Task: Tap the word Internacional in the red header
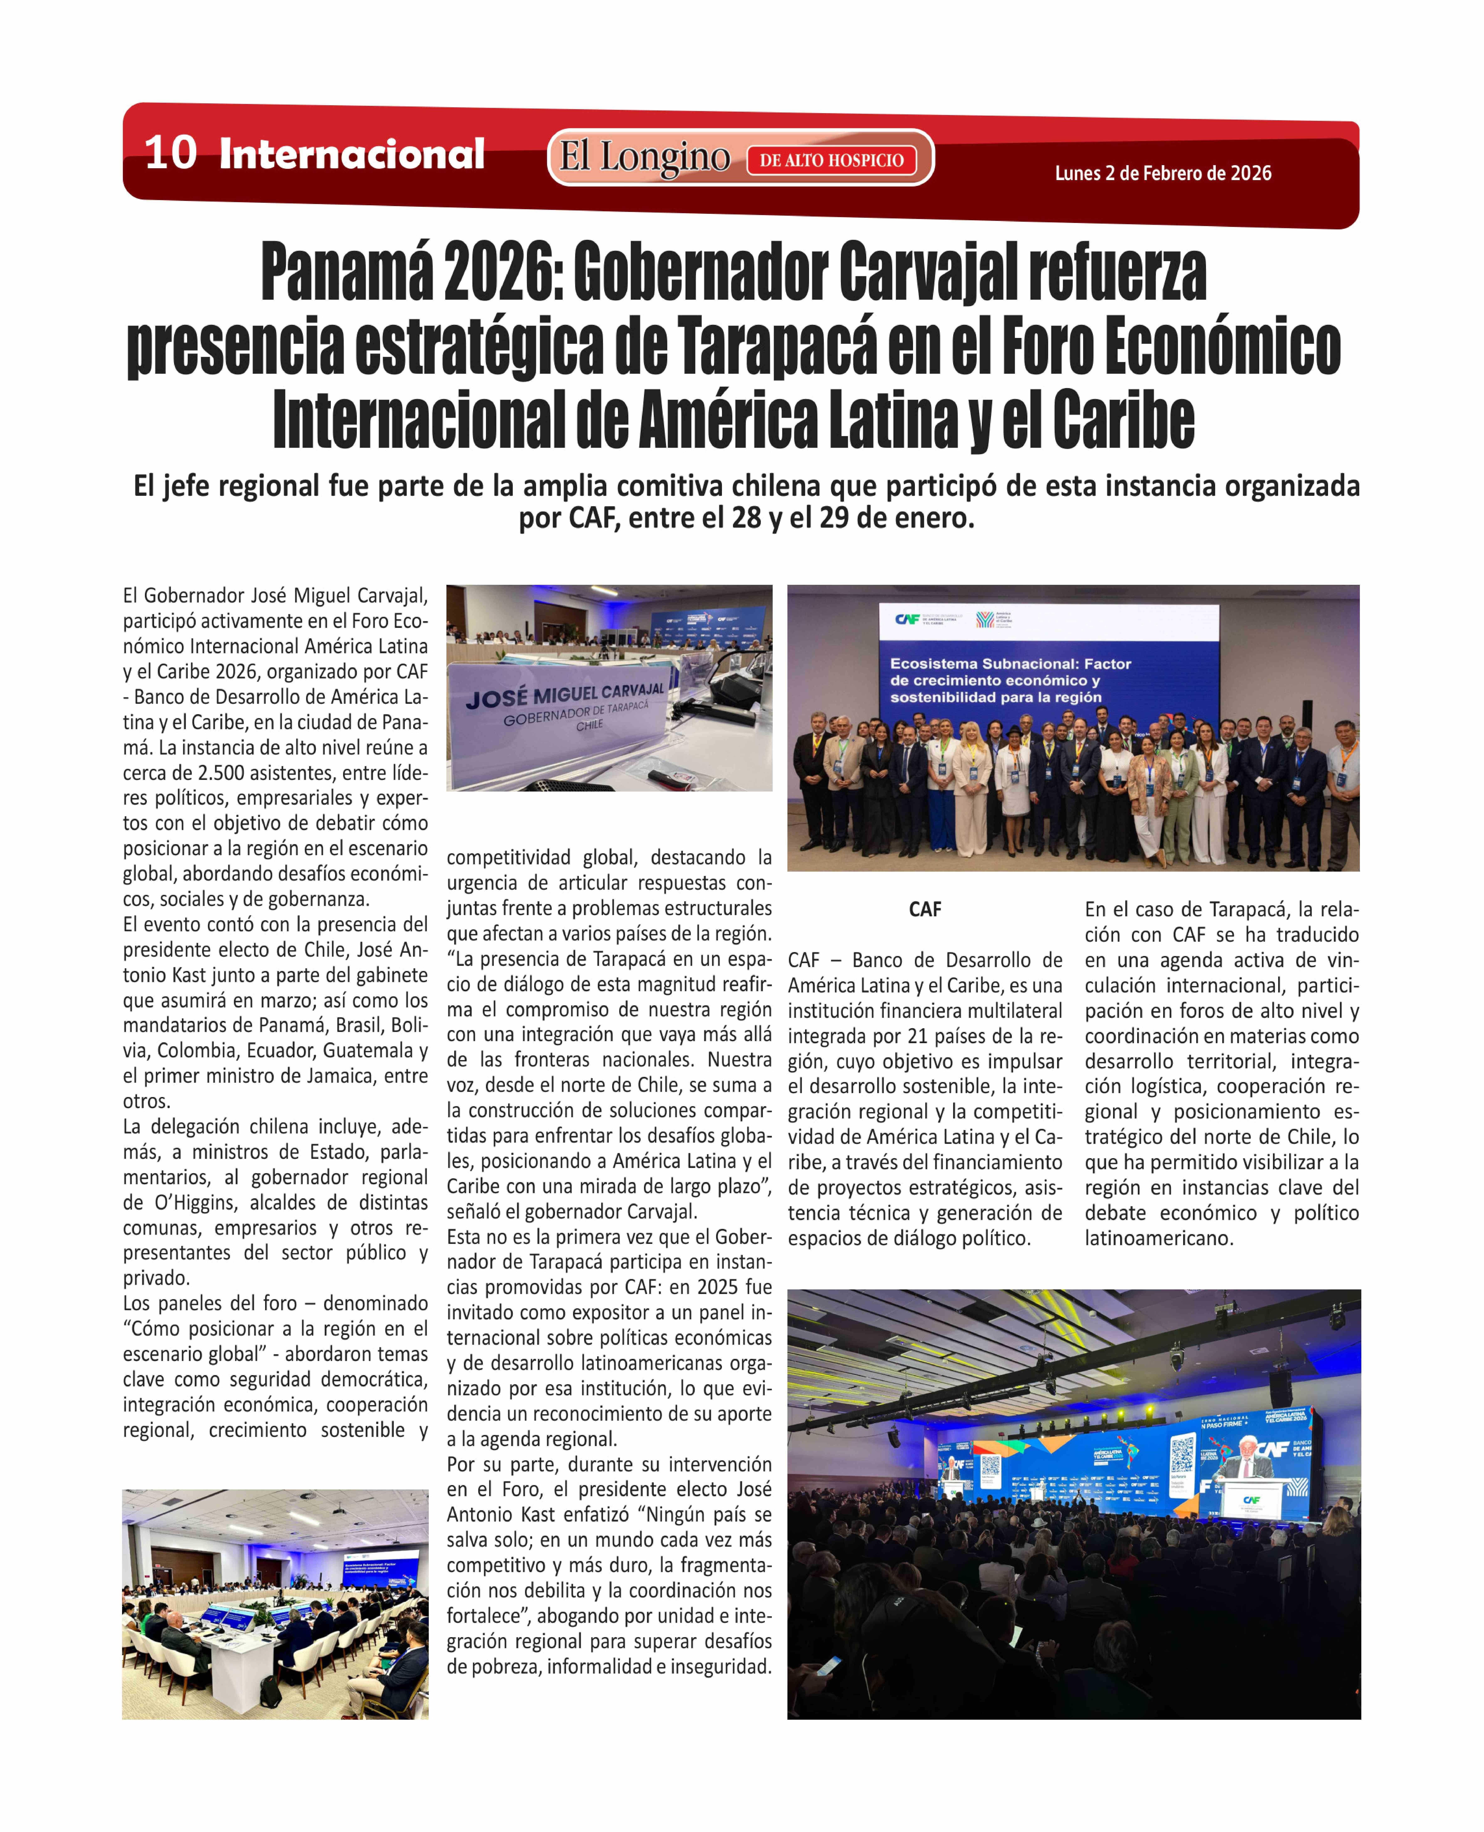(351, 154)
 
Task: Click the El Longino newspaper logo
(645, 157)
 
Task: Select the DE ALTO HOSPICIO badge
(831, 160)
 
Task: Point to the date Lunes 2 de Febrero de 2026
(1163, 173)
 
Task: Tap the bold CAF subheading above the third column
(925, 910)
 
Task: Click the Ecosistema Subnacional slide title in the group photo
(1010, 680)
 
